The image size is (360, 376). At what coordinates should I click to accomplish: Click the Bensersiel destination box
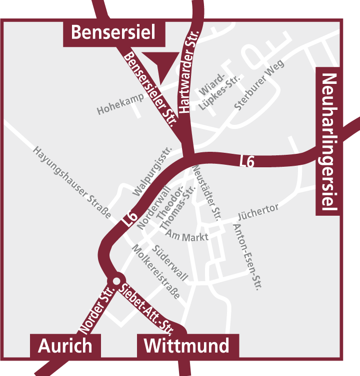click(x=112, y=32)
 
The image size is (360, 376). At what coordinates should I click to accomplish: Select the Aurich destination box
click(x=65, y=346)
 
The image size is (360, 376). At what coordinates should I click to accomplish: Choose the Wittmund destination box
click(x=186, y=346)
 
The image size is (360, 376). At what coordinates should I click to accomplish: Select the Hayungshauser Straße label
click(x=72, y=182)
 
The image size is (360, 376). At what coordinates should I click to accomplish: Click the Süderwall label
click(x=170, y=263)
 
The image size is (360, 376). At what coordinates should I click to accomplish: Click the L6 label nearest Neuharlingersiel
click(x=247, y=161)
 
